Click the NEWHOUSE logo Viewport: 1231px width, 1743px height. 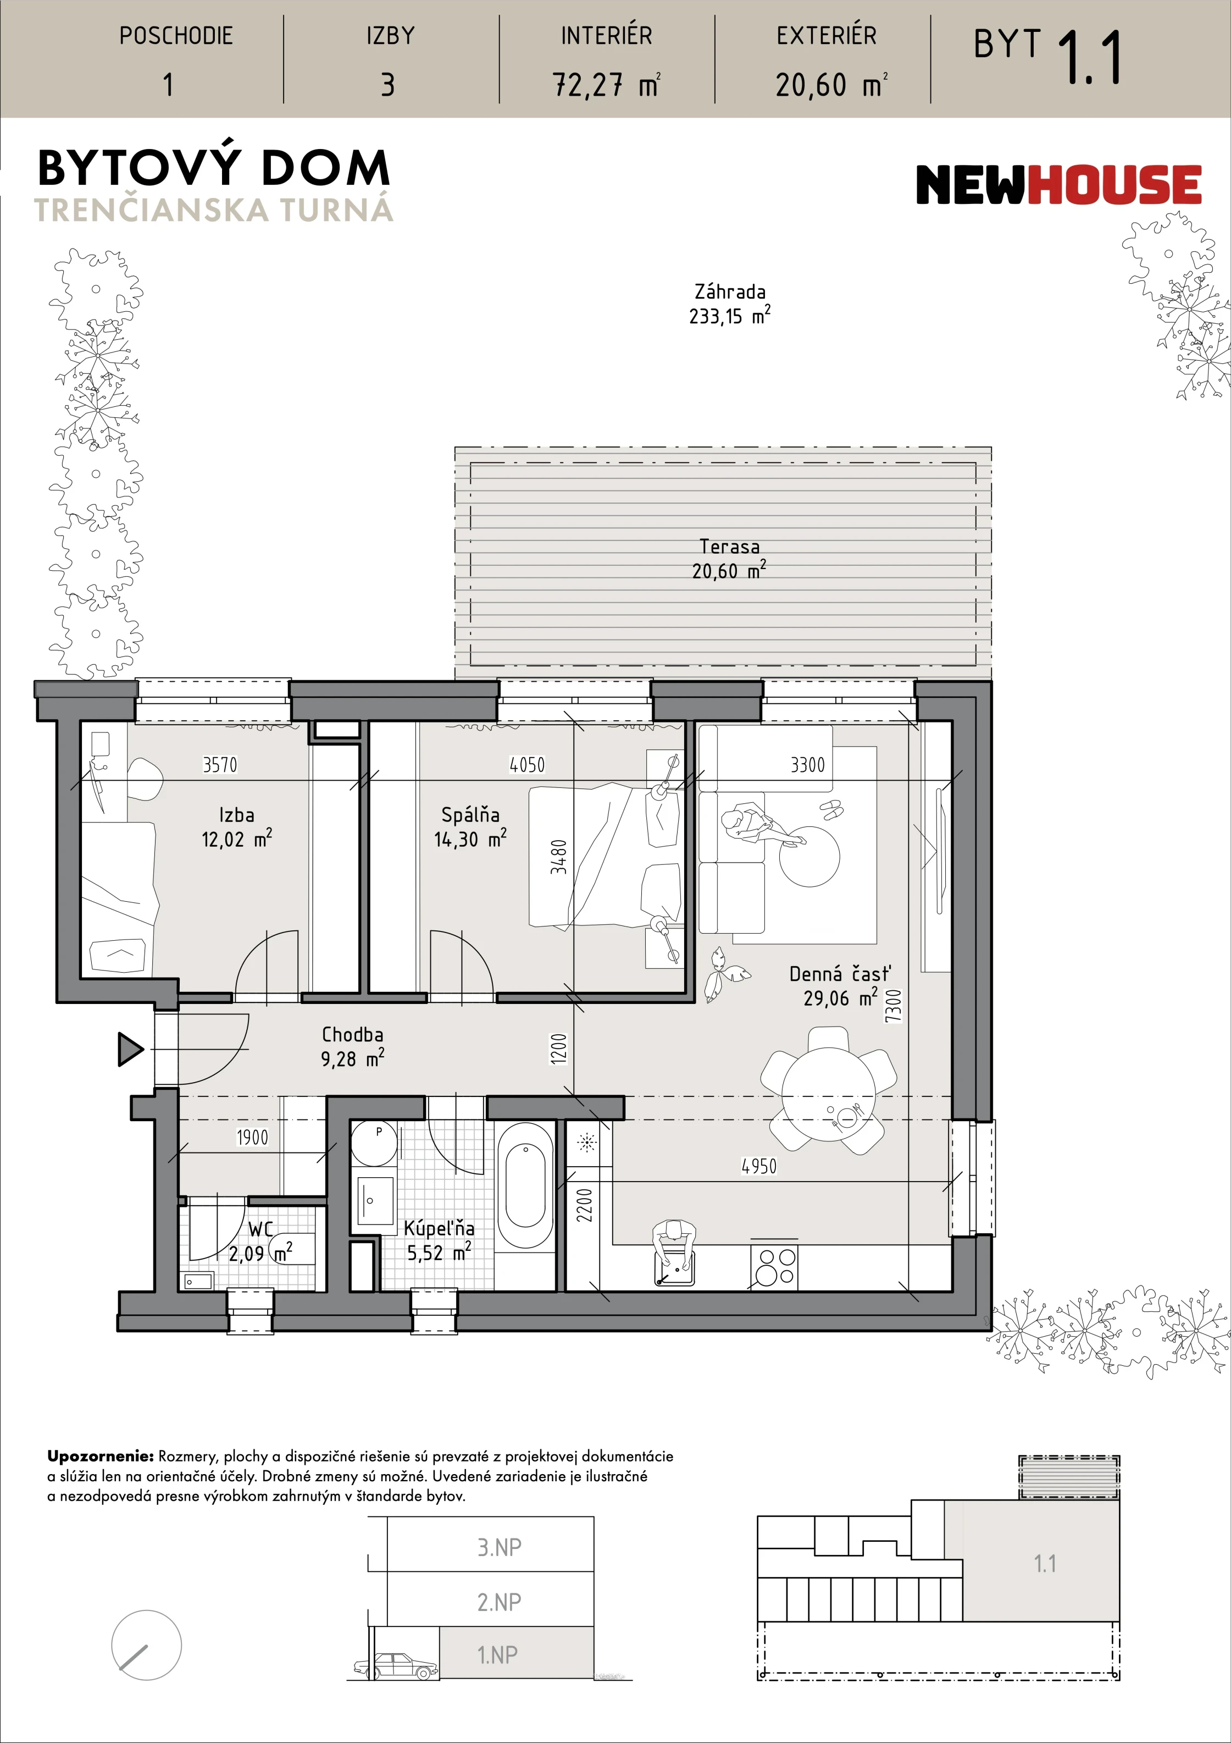click(x=1059, y=185)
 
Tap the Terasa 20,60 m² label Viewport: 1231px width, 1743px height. click(x=729, y=559)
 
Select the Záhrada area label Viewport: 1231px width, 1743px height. click(x=729, y=304)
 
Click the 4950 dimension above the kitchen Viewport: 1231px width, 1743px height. click(x=759, y=1166)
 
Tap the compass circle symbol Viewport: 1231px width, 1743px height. click(x=147, y=1645)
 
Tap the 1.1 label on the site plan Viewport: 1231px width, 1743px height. click(x=1045, y=1564)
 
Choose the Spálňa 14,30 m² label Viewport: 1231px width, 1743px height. click(x=470, y=827)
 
